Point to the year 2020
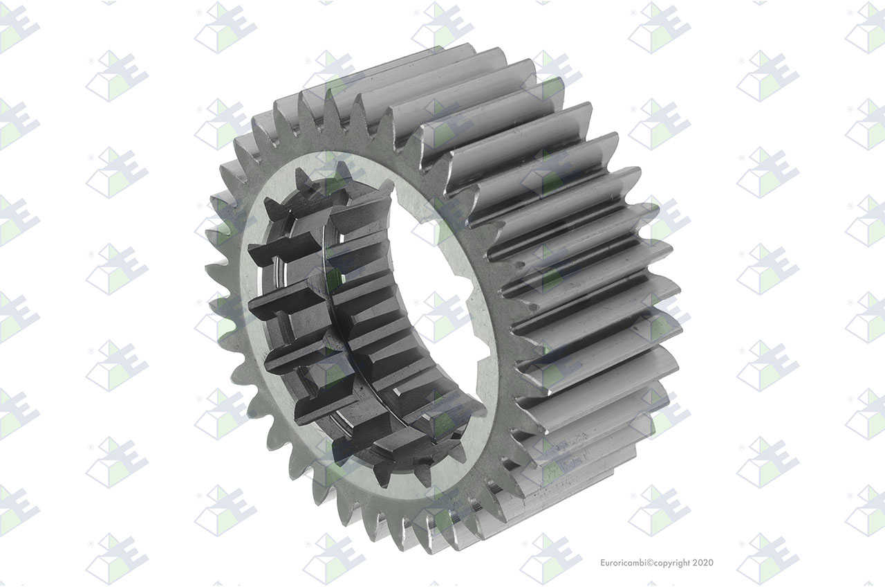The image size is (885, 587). click(703, 563)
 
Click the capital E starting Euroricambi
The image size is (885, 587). click(603, 563)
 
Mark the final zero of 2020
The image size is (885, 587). click(711, 563)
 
